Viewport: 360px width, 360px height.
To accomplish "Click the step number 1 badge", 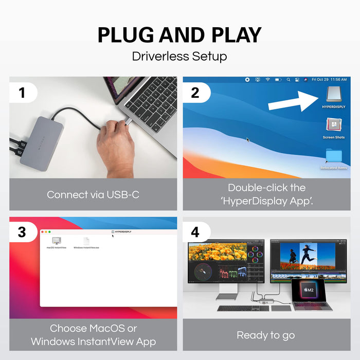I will coord(22,93).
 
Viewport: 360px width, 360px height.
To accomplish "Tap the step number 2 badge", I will coord(195,93).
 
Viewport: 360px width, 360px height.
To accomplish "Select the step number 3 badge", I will coord(22,232).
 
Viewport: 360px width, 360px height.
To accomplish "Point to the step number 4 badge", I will coord(195,232).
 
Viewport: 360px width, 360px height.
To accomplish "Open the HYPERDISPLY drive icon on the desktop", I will coord(333,94).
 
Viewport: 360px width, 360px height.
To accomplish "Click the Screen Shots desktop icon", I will coord(333,125).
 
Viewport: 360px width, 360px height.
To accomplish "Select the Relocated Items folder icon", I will coord(333,156).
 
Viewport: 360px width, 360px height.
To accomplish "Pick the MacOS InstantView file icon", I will coord(57,241).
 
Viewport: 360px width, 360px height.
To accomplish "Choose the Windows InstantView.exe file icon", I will coord(86,241).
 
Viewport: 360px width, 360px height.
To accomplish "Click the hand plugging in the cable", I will coord(116,147).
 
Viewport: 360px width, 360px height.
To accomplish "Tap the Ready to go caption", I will coord(266,335).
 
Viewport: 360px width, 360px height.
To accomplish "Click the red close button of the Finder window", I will coord(43,232).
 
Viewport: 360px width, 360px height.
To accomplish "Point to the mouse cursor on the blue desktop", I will coord(247,139).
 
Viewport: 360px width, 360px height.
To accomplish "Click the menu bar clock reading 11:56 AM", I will coord(337,80).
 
